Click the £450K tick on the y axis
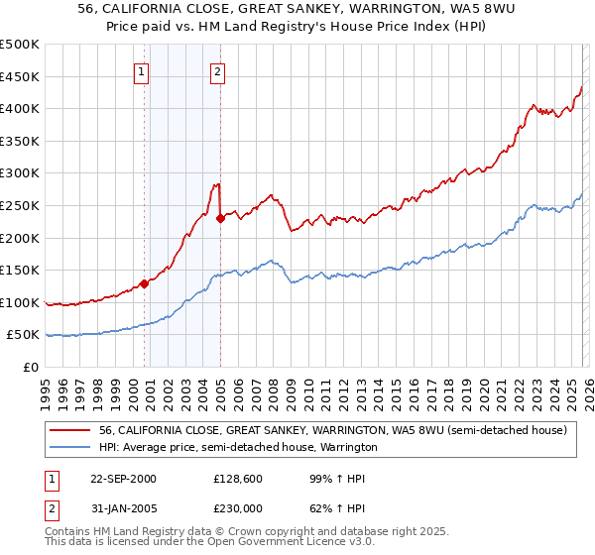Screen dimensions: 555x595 coord(20,76)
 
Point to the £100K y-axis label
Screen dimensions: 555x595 coord(20,302)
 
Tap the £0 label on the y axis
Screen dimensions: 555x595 coord(32,367)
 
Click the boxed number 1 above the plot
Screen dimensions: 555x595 coord(142,71)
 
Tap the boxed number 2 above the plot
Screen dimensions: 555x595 coord(217,71)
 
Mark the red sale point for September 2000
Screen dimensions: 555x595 coord(144,283)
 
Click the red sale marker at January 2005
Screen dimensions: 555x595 coord(220,218)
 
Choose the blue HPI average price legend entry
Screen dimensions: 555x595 coord(238,448)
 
